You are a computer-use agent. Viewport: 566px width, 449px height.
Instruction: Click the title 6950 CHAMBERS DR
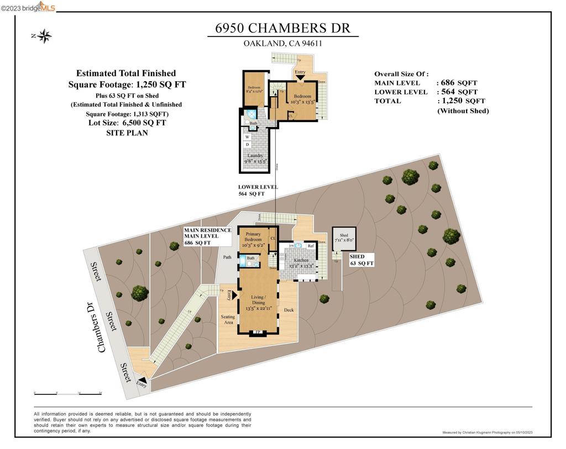click(x=282, y=28)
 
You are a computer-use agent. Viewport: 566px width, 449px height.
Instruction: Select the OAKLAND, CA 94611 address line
click(x=282, y=44)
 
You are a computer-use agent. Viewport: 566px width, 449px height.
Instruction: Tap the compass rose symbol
click(x=44, y=36)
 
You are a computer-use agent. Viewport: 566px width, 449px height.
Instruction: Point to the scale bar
click(x=68, y=393)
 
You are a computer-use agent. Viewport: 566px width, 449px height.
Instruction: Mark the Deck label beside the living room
click(x=289, y=310)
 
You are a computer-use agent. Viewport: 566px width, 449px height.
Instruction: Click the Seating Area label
click(x=228, y=319)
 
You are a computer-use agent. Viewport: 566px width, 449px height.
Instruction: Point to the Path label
click(x=227, y=257)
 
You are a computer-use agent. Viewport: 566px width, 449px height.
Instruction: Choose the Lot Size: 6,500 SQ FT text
click(x=127, y=123)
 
